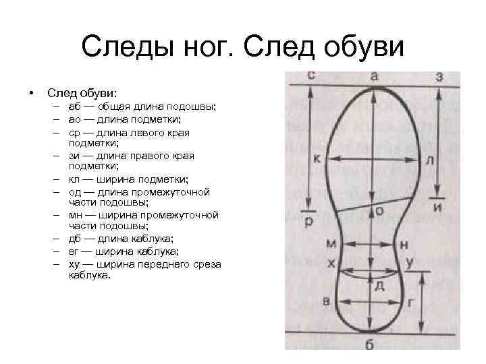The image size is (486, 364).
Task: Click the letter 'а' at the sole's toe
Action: [374, 77]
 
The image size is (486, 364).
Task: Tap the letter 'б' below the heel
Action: [369, 346]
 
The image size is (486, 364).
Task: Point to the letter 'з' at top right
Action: [440, 78]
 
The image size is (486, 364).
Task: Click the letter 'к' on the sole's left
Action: [317, 159]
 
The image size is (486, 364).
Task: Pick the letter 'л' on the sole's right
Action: [430, 160]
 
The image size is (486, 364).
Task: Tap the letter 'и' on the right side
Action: [438, 207]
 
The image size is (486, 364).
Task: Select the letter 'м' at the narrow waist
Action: [330, 243]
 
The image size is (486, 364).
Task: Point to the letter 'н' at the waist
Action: [404, 244]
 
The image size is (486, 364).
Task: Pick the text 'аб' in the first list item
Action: [74, 107]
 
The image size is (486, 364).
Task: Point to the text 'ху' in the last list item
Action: [74, 265]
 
